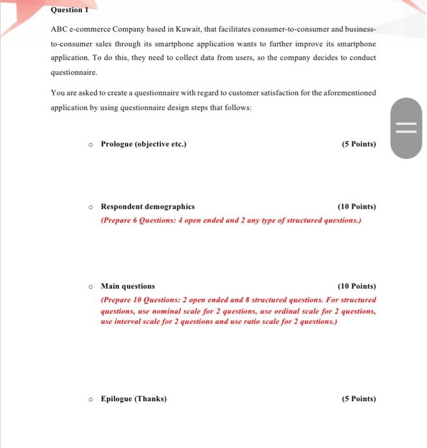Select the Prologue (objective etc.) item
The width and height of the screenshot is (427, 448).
point(143,144)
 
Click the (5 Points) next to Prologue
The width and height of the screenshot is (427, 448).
point(359,144)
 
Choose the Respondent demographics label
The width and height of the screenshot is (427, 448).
point(147,207)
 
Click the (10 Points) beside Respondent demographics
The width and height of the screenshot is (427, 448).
point(357,207)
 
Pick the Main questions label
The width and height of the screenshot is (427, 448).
point(127,286)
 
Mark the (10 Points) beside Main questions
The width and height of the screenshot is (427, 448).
point(357,286)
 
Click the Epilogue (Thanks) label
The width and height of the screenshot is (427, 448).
point(133,399)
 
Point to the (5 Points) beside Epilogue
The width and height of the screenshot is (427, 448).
point(359,399)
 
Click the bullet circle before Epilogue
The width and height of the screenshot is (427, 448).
point(92,399)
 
